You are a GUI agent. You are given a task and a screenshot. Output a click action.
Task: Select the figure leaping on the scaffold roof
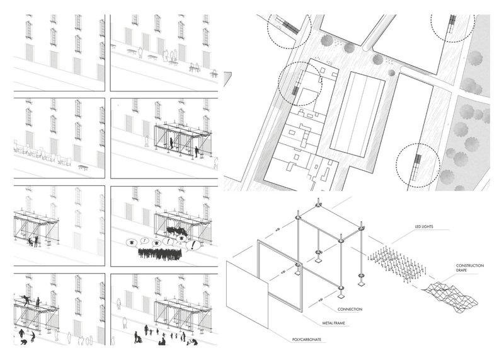coord(25,301)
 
